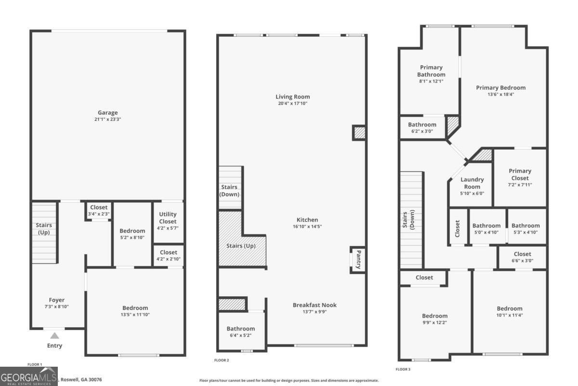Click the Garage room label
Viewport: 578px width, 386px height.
tap(107, 113)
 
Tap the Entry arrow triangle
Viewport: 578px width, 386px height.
tap(55, 336)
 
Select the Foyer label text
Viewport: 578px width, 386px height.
tap(56, 300)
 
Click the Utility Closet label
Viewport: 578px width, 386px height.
tap(168, 218)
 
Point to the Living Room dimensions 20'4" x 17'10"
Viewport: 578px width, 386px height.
tap(292, 103)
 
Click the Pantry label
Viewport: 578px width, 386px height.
tap(358, 260)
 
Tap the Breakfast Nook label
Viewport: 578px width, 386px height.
tap(315, 305)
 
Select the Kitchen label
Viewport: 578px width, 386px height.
tap(307, 220)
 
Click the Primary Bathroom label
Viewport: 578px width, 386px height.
tap(431, 71)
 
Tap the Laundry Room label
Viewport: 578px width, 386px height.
tap(472, 183)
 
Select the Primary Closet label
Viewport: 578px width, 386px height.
tap(520, 174)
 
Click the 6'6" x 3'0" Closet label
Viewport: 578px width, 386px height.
tap(522, 254)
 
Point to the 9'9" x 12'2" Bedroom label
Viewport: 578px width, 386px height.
tap(434, 316)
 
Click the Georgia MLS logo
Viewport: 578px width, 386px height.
tap(29, 376)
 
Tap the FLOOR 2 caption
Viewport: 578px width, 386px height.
tap(222, 360)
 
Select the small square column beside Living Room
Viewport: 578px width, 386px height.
tap(359, 132)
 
